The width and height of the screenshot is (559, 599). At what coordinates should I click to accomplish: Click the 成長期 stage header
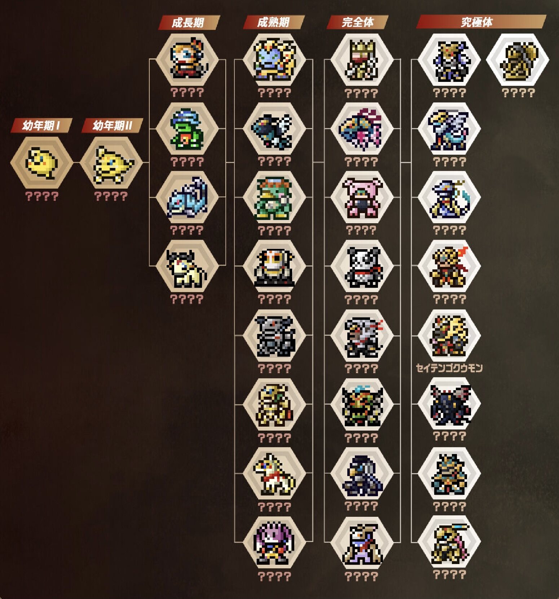pyautogui.click(x=188, y=22)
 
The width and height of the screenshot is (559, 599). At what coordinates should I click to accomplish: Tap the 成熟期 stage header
pyautogui.click(x=273, y=22)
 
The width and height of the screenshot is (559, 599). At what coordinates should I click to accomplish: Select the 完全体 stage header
pyautogui.click(x=358, y=22)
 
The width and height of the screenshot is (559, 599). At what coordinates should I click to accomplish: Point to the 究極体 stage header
pyautogui.click(x=477, y=22)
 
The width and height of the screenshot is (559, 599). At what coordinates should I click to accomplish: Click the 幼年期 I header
pyautogui.click(x=41, y=125)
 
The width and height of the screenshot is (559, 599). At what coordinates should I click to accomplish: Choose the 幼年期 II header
pyautogui.click(x=112, y=125)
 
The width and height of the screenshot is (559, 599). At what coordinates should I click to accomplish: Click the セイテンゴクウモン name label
pyautogui.click(x=449, y=368)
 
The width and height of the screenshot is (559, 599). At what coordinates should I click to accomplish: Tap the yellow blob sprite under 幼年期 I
pyautogui.click(x=41, y=163)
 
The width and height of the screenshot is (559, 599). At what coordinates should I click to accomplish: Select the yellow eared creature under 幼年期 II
pyautogui.click(x=111, y=164)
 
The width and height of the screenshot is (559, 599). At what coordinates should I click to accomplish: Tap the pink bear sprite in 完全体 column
pyautogui.click(x=362, y=198)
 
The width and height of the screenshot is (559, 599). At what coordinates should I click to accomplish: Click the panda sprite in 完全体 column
pyautogui.click(x=362, y=267)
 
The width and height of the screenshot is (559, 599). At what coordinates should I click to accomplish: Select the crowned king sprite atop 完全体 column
pyautogui.click(x=362, y=60)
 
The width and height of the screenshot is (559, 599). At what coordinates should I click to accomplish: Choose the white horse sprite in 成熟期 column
pyautogui.click(x=274, y=474)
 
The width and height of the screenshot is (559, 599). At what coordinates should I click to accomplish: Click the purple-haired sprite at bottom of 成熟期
pyautogui.click(x=274, y=542)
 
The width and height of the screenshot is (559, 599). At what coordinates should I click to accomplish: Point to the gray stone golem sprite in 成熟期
pyautogui.click(x=274, y=336)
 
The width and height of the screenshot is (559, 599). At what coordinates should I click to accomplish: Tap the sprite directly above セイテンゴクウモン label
pyautogui.click(x=449, y=336)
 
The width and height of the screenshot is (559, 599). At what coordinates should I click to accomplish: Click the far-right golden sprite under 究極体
pyautogui.click(x=518, y=60)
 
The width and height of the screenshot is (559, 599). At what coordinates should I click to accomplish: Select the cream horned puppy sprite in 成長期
pyautogui.click(x=187, y=267)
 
